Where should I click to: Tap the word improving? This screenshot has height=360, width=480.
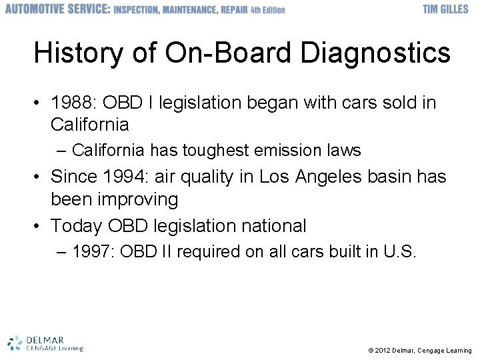click(x=140, y=199)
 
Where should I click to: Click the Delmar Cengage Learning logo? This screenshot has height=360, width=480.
click(x=45, y=343)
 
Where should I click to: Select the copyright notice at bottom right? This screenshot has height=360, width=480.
click(x=419, y=350)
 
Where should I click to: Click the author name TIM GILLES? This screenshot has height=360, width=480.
click(x=445, y=9)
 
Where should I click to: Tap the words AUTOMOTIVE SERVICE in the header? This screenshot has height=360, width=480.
click(x=57, y=9)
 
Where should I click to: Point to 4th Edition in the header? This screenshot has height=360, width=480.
click(x=268, y=10)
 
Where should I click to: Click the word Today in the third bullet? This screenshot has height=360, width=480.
click(x=73, y=226)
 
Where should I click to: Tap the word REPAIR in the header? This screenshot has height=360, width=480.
click(x=231, y=10)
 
